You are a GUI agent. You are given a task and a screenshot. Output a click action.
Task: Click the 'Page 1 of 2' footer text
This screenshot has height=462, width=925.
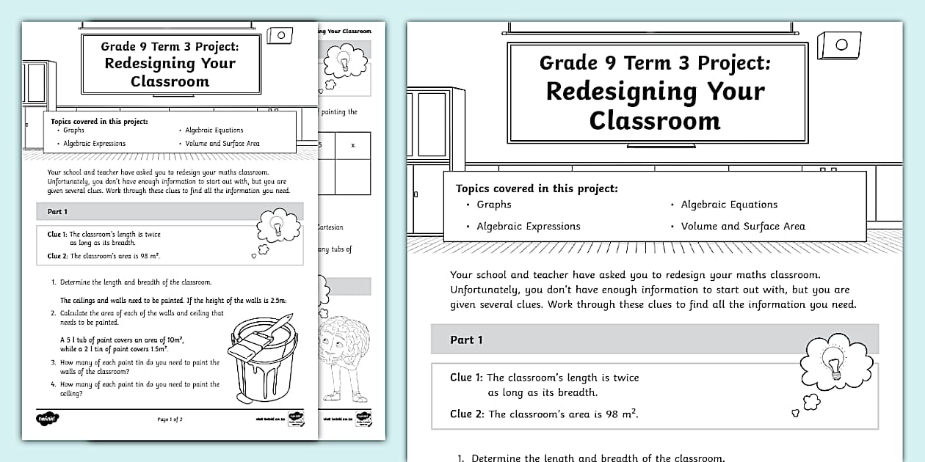tap(170, 419)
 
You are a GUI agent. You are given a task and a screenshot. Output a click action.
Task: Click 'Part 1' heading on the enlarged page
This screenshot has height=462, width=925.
tap(466, 340)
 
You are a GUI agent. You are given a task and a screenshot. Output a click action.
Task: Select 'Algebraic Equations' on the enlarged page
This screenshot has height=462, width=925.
tap(728, 205)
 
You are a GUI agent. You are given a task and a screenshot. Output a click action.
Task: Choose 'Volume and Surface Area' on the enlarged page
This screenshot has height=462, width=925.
tap(742, 226)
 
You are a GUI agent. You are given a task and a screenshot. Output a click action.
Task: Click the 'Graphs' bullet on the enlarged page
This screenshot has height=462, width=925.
tap(493, 205)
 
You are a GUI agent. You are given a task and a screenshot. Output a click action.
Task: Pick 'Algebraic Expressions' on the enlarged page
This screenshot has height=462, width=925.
tap(528, 226)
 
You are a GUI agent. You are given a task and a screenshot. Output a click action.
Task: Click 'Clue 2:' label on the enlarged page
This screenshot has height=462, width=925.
tap(467, 414)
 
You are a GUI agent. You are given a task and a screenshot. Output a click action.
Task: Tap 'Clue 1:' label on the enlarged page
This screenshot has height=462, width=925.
tap(466, 378)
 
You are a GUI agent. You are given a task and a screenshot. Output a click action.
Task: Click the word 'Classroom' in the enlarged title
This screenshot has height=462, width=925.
tap(654, 120)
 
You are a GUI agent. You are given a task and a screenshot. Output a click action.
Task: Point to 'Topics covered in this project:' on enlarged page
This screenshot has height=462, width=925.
tap(537, 188)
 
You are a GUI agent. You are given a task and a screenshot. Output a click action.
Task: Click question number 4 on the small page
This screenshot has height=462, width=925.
tap(54, 384)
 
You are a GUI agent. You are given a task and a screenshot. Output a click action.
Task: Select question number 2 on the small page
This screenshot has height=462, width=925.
tap(54, 313)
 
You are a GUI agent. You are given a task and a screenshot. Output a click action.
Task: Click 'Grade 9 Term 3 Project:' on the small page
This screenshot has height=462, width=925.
tap(170, 46)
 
